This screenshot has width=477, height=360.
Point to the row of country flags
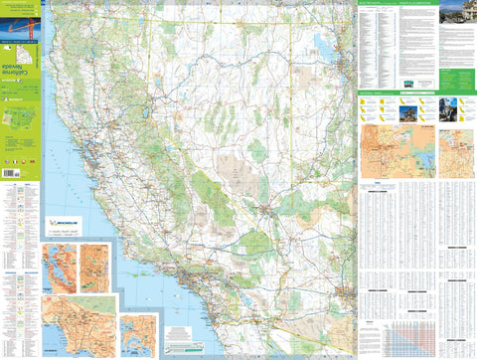[x=20, y=159]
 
